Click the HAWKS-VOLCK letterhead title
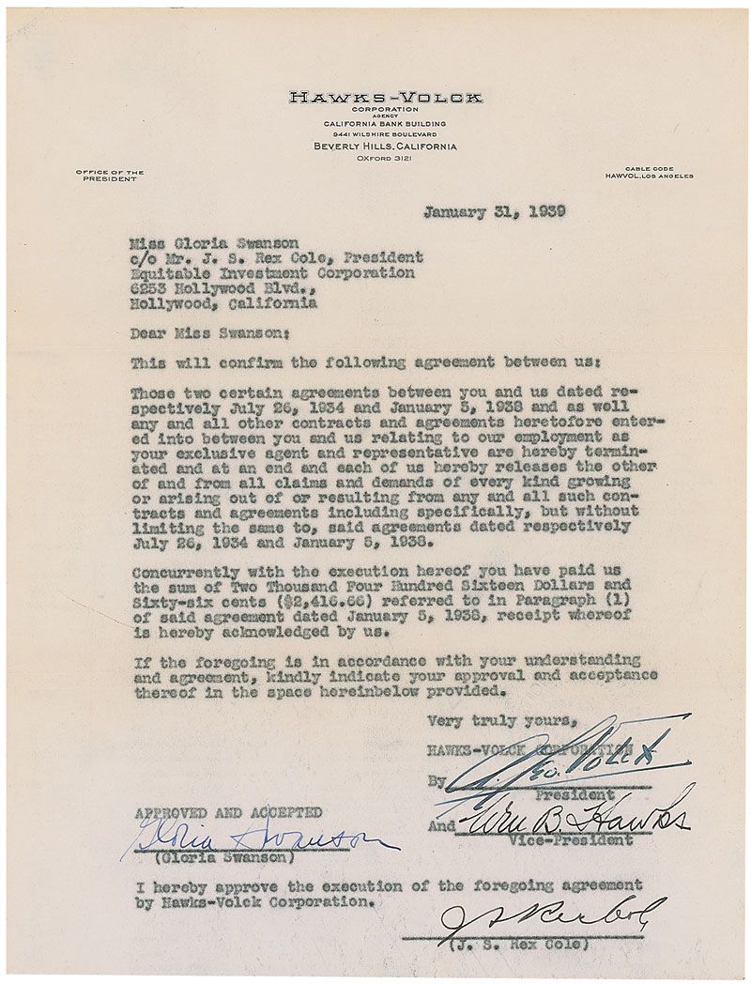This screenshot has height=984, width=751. pyautogui.click(x=385, y=97)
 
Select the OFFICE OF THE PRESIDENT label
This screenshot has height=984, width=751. pyautogui.click(x=110, y=176)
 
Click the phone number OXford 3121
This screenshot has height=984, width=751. pyautogui.click(x=384, y=161)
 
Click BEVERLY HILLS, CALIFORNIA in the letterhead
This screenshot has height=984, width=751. pyautogui.click(x=385, y=147)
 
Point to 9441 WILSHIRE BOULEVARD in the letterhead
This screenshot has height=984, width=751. pyautogui.click(x=385, y=134)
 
